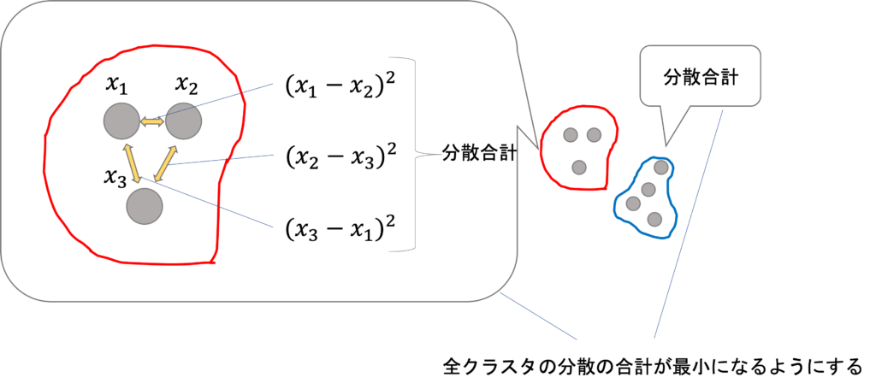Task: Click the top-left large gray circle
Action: (121, 121)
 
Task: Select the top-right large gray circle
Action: (183, 121)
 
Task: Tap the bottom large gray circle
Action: (145, 206)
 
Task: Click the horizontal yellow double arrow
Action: (152, 121)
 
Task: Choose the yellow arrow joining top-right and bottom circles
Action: (165, 163)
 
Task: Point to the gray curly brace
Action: (415, 155)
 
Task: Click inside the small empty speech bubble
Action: (700, 75)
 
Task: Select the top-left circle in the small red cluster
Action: (571, 134)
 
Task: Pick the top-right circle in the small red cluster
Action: (594, 134)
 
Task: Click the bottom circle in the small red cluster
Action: (579, 167)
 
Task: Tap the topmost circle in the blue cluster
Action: (661, 168)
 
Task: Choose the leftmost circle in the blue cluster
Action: (633, 203)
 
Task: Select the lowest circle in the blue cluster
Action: (654, 219)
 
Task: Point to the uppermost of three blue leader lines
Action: (231, 96)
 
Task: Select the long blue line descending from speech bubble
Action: (689, 224)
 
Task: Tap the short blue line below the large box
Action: (539, 316)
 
